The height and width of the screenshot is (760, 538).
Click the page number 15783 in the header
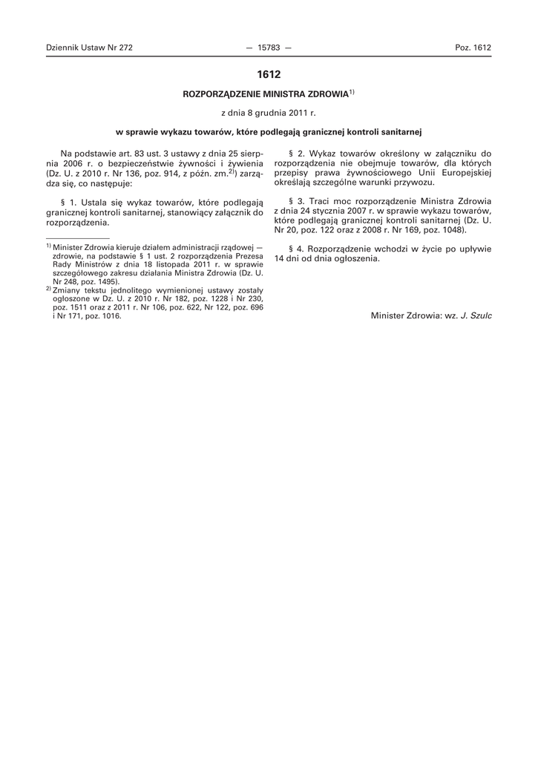coord(268,47)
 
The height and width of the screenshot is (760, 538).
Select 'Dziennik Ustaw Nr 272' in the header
coord(89,47)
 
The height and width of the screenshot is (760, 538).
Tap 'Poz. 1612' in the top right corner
coord(473,47)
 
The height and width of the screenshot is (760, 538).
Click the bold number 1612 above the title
coord(269,74)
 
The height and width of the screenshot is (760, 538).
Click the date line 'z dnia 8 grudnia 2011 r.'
coord(269,114)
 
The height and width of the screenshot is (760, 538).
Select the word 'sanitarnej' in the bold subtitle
coord(399,132)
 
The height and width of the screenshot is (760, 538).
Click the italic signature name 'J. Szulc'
coord(476,315)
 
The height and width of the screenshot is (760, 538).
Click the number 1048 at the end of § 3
coord(453,231)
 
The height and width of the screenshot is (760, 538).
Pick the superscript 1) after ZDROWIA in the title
coord(352,93)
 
